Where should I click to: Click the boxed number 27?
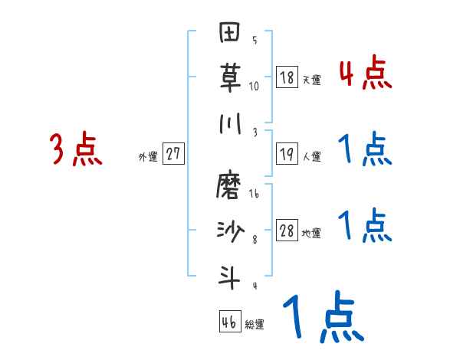[173, 154]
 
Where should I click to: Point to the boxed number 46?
[229, 322]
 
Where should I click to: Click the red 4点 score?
[365, 74]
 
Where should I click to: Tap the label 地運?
[311, 234]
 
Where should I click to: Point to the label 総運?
[255, 325]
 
